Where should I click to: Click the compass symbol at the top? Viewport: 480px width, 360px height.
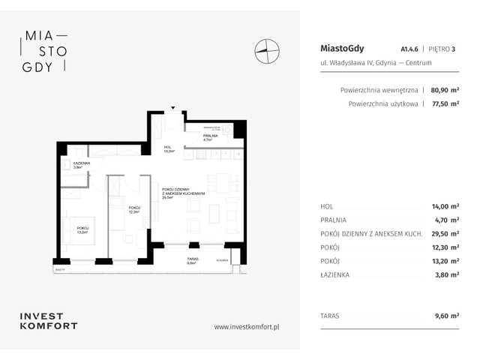pyautogui.click(x=267, y=50)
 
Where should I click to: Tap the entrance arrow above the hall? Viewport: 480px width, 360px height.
pyautogui.click(x=172, y=109)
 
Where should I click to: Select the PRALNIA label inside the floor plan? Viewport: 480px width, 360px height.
pyautogui.click(x=210, y=136)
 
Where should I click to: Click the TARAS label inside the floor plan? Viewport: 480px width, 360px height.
pyautogui.click(x=193, y=260)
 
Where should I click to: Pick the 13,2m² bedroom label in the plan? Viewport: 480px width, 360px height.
pyautogui.click(x=82, y=229)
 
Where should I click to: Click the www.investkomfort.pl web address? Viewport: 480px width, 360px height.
pyautogui.click(x=247, y=326)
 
